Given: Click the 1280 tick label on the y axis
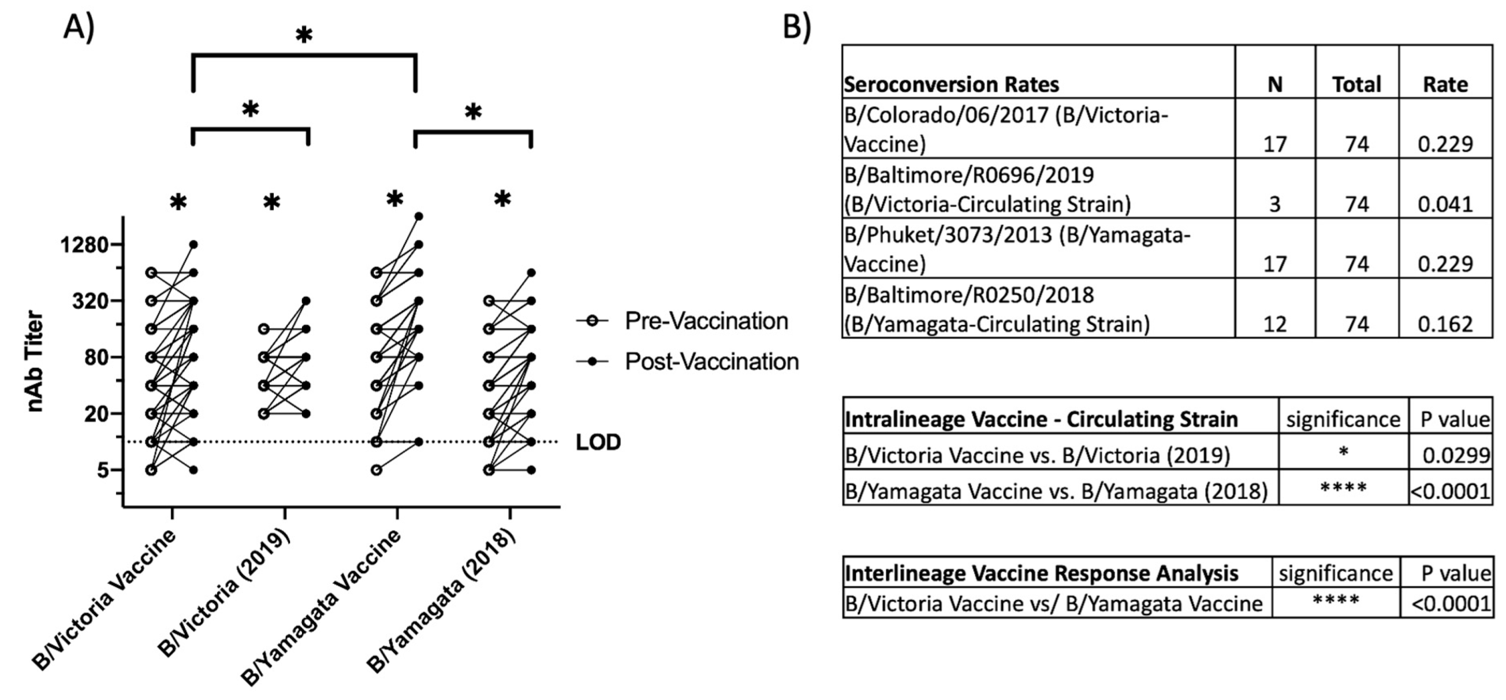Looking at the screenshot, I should point(85,244).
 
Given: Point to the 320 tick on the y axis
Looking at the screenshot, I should point(91,301).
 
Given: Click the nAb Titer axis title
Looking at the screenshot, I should point(35,361).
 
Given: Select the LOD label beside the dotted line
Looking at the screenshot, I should point(598,442).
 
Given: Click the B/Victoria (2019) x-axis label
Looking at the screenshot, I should point(225,592).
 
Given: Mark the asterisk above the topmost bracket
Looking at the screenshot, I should point(304,36).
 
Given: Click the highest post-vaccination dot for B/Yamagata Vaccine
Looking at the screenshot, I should point(419,217).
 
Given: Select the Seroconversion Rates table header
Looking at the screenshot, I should point(951,85).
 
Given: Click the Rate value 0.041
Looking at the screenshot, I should point(1445,204).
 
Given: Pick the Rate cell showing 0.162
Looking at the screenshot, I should point(1445,324).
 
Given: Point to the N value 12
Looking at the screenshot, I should point(1274,324).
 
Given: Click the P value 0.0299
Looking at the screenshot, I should point(1455,455).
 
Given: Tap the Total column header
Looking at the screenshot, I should point(1356,85).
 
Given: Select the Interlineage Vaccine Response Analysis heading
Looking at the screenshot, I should point(1042,573).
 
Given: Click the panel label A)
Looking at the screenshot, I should point(79,27).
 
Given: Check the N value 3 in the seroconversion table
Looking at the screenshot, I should point(1274,204).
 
